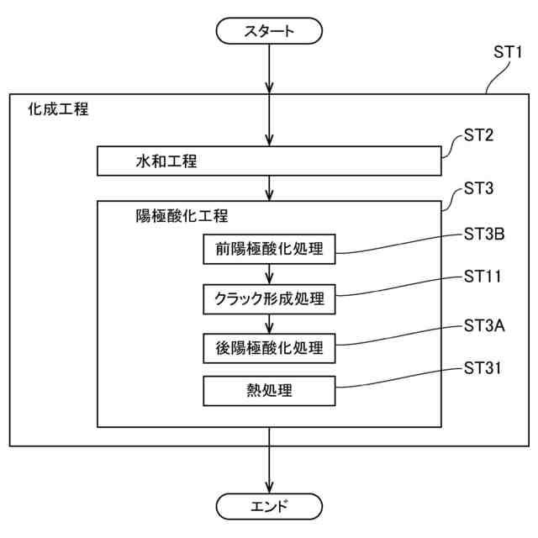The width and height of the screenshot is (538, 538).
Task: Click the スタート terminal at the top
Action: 269,32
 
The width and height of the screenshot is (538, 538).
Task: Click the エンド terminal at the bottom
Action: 269,506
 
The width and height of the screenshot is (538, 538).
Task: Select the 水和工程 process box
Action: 269,161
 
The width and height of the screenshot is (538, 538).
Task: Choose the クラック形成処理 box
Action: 269,298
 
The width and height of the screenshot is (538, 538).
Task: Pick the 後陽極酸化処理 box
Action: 269,346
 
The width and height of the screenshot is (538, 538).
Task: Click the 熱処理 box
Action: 269,390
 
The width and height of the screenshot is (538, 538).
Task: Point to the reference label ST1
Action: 508,52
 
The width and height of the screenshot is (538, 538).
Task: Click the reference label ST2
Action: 479,136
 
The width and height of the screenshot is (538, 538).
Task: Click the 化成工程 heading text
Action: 58,109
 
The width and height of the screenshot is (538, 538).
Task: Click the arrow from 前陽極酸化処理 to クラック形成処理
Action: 269,273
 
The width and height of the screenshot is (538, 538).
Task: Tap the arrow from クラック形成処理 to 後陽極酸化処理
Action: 269,322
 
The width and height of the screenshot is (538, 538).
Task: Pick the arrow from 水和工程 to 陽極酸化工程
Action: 269,187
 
